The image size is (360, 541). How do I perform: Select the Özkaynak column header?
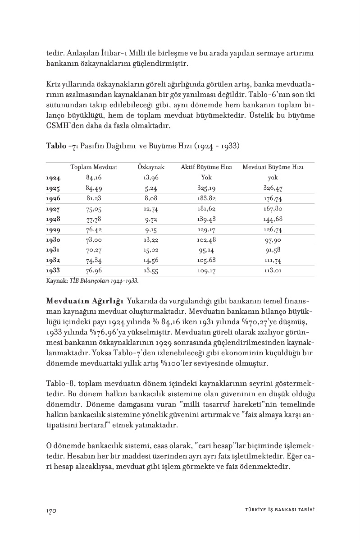[x=148, y=167]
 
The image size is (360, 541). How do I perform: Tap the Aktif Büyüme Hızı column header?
[x=206, y=167]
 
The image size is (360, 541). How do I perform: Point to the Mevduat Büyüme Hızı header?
[x=273, y=167]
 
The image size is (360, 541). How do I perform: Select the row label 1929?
[x=53, y=229]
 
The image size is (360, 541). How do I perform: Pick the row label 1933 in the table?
[x=53, y=271]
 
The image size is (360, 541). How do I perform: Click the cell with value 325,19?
[x=206, y=188]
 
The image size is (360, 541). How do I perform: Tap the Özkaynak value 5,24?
[x=150, y=188]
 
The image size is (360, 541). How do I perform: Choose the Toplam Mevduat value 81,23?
[x=94, y=198]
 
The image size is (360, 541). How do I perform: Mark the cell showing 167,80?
[x=273, y=209]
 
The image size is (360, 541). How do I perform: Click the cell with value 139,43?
[x=206, y=219]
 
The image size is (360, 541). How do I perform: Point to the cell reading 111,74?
[x=273, y=261]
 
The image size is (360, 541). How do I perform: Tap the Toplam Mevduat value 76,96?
[x=94, y=271]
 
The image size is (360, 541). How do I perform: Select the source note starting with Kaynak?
[x=92, y=280]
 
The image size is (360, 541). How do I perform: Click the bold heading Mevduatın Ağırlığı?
[x=85, y=301]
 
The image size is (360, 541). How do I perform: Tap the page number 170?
[x=50, y=510]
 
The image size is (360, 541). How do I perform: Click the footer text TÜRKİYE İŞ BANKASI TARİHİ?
[x=278, y=510]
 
